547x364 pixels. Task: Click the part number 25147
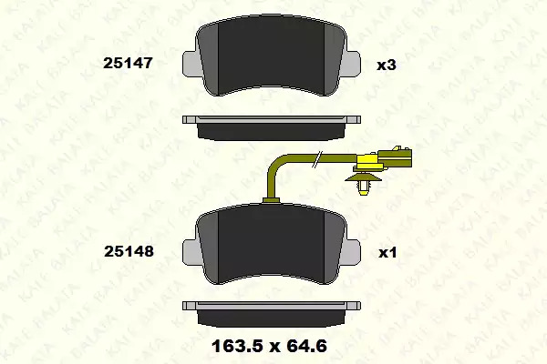[128, 63]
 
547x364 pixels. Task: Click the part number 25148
[129, 251]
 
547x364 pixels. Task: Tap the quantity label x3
[387, 65]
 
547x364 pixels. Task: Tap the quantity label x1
[388, 253]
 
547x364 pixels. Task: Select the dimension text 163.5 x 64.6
[269, 346]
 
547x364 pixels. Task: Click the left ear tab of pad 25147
[191, 63]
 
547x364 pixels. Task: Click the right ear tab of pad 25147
[351, 63]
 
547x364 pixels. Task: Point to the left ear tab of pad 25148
[191, 252]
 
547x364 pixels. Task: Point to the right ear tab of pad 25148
[351, 252]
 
